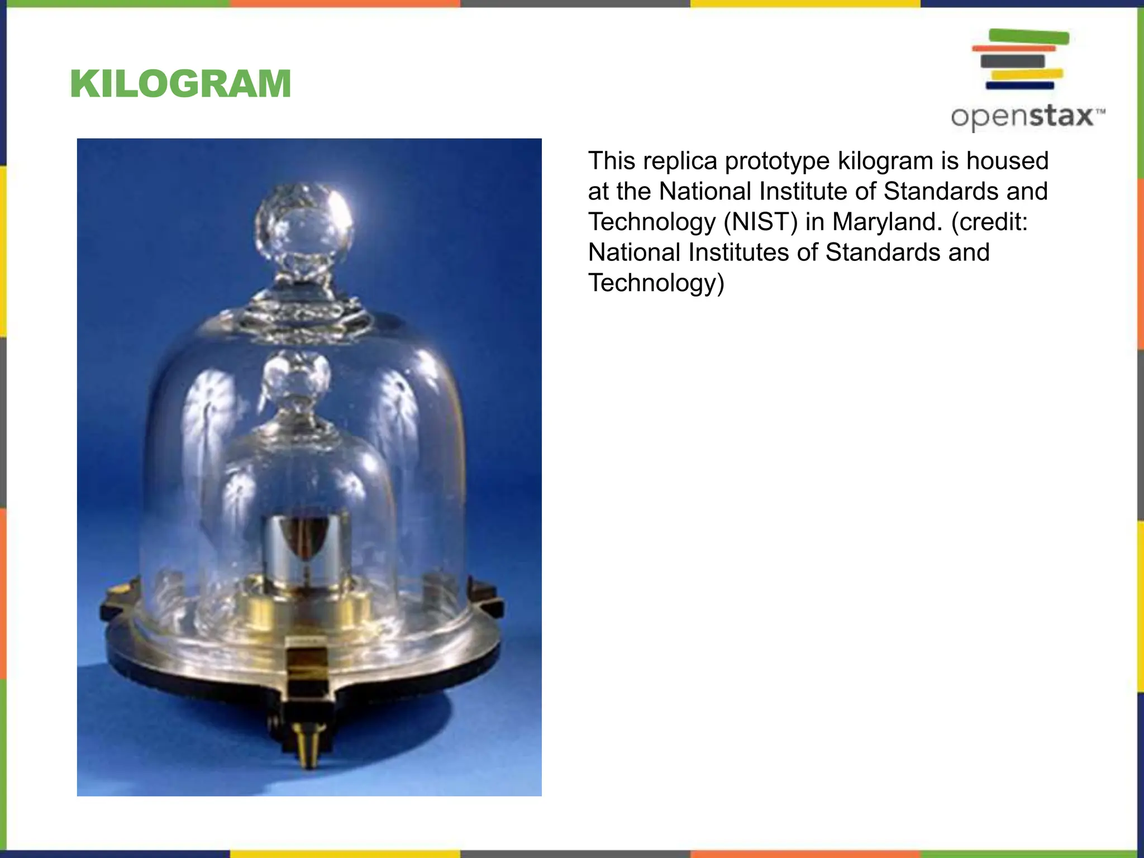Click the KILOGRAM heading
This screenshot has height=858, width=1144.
tap(180, 84)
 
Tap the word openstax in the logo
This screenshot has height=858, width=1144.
tap(1023, 117)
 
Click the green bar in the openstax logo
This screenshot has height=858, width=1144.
tap(1029, 37)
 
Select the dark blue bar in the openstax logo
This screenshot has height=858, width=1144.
tap(1019, 85)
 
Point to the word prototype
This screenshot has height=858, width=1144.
tap(778, 161)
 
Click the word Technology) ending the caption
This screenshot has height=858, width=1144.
tap(656, 283)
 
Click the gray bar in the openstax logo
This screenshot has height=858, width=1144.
tap(1012, 61)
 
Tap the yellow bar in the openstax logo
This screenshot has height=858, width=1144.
tap(1027, 74)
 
